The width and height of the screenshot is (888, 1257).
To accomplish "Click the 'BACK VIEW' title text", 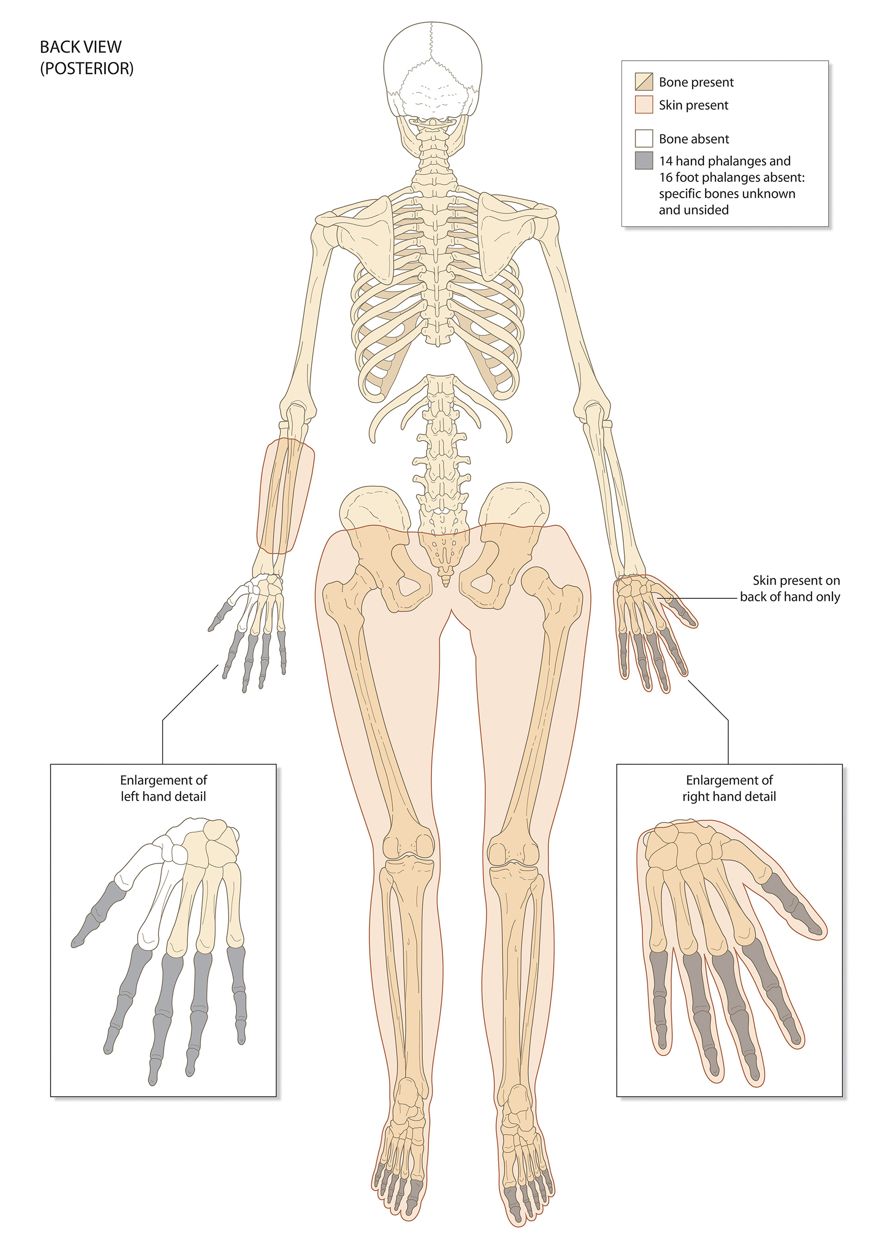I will [x=80, y=47].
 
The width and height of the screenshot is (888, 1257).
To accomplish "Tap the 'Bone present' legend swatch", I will [x=644, y=81].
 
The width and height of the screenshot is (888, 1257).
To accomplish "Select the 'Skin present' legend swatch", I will [x=644, y=105].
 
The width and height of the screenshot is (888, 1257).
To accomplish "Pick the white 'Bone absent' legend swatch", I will [x=644, y=138].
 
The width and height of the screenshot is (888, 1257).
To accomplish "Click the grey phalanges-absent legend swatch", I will [x=644, y=161].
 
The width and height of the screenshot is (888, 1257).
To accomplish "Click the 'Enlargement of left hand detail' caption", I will [x=163, y=788].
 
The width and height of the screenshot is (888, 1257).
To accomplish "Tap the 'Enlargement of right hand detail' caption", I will [x=729, y=788].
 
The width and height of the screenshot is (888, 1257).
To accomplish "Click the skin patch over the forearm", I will [x=286, y=496].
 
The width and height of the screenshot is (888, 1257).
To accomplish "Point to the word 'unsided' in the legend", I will [x=709, y=210].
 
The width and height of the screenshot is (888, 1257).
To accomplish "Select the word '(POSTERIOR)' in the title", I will [x=86, y=68].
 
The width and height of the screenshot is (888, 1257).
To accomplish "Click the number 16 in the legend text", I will [x=666, y=177].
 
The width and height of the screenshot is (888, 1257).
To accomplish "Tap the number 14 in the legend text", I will [x=666, y=161].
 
